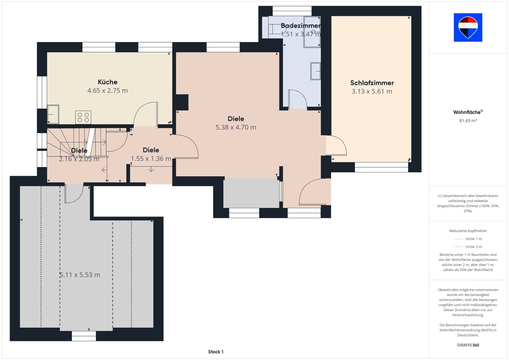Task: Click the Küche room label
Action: coord(108,82)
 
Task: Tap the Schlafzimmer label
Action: coord(372,83)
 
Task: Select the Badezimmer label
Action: coord(301,25)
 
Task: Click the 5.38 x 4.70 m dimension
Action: coord(236,127)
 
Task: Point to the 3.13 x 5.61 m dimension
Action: coord(372,91)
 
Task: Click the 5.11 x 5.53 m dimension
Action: coord(80,275)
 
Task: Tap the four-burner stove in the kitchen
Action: coord(83,117)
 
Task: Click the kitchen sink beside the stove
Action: coord(53,114)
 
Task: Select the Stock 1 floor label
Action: coord(216,351)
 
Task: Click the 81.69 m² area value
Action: coord(468,121)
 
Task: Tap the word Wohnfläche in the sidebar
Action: coord(467,112)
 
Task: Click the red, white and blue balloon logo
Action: coord(468,27)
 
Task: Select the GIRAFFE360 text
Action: coord(468,345)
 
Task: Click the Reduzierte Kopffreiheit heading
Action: coord(468,231)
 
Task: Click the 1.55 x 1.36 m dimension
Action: coord(151,159)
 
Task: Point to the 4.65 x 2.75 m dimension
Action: coord(108,90)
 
